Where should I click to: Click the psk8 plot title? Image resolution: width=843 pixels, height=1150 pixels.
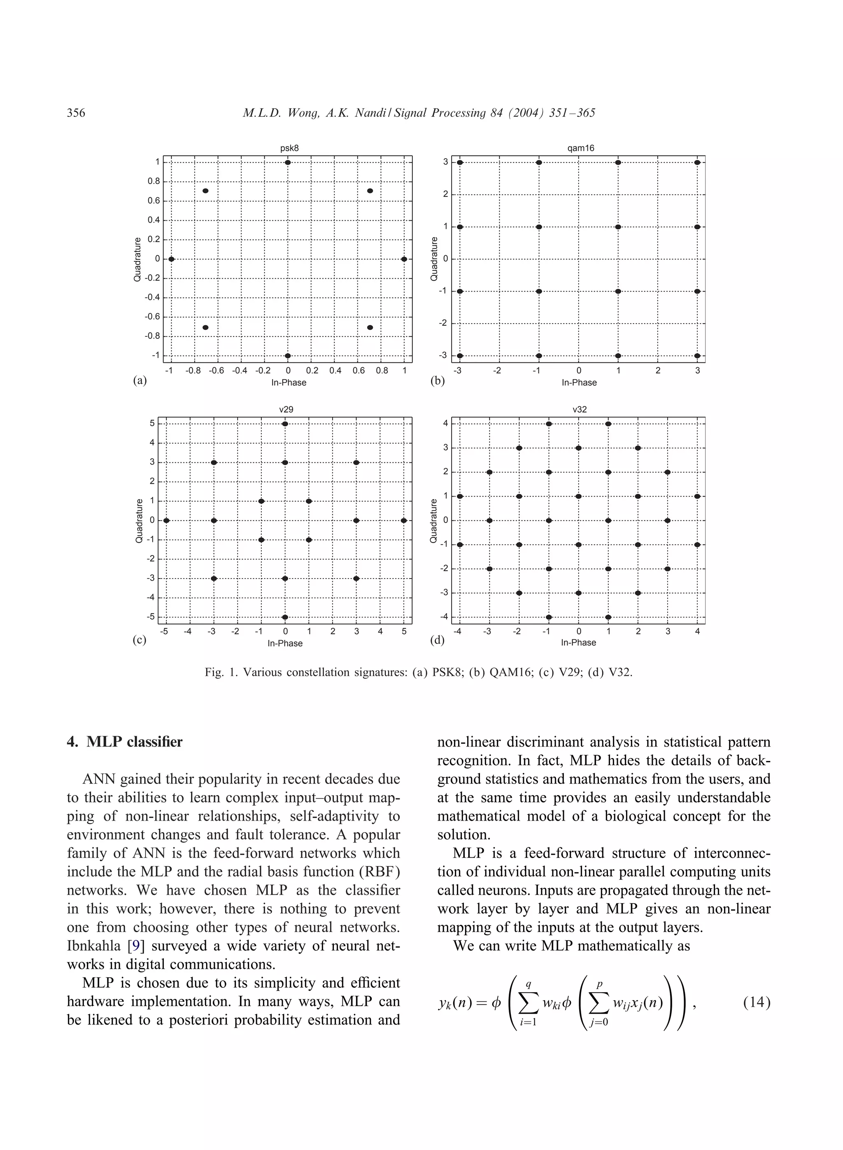point(289,148)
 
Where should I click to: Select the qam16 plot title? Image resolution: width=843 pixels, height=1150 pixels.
point(581,148)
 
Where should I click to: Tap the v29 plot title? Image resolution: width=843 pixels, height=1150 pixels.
point(286,409)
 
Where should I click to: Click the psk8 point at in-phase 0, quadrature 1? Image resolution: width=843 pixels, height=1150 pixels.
point(288,162)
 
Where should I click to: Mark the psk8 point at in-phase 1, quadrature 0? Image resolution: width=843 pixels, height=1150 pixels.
point(404,259)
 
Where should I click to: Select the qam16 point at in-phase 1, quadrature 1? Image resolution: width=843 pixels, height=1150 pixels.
point(618,226)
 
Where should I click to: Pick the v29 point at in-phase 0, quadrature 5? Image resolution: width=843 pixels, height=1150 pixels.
point(285,424)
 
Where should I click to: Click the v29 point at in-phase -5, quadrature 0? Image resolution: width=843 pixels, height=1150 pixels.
point(166,520)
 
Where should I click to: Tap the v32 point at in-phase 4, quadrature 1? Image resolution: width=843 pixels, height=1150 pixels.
point(697,496)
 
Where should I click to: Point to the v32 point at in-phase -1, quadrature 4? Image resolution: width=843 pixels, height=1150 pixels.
point(549,424)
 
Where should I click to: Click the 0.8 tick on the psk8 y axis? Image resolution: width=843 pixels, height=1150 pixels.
point(154,181)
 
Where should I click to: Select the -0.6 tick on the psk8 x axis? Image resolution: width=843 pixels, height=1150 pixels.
point(217,371)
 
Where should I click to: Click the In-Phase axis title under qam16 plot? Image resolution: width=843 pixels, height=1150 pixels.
point(579,383)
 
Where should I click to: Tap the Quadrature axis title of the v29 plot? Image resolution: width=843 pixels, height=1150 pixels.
point(139,520)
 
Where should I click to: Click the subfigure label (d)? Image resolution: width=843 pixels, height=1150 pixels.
point(437,640)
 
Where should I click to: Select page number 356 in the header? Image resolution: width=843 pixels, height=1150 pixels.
point(76,113)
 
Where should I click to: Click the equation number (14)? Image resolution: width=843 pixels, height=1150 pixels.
point(757,1003)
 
